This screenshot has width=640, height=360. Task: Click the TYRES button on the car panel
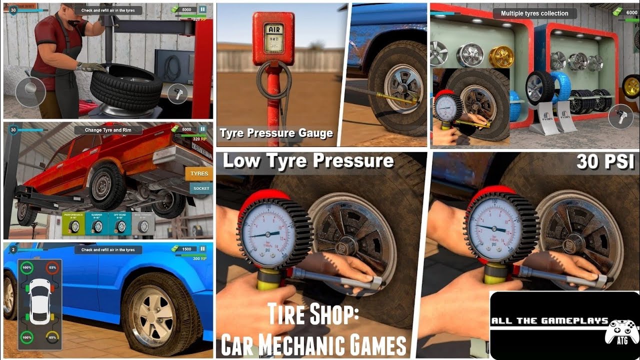click(x=199, y=174)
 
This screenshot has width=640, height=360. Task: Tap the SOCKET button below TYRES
click(x=201, y=188)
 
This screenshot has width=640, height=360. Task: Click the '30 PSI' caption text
click(x=605, y=161)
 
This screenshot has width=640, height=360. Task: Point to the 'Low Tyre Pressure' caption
click(x=308, y=161)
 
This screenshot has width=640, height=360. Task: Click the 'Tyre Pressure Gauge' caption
click(x=276, y=133)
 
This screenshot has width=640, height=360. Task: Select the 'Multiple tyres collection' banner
click(x=534, y=13)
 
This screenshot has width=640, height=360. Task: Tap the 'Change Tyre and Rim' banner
click(x=108, y=130)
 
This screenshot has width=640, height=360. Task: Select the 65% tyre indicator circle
click(x=51, y=337)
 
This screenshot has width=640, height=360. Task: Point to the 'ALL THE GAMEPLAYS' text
click(x=549, y=321)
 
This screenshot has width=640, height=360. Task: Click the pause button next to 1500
click(x=202, y=248)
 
